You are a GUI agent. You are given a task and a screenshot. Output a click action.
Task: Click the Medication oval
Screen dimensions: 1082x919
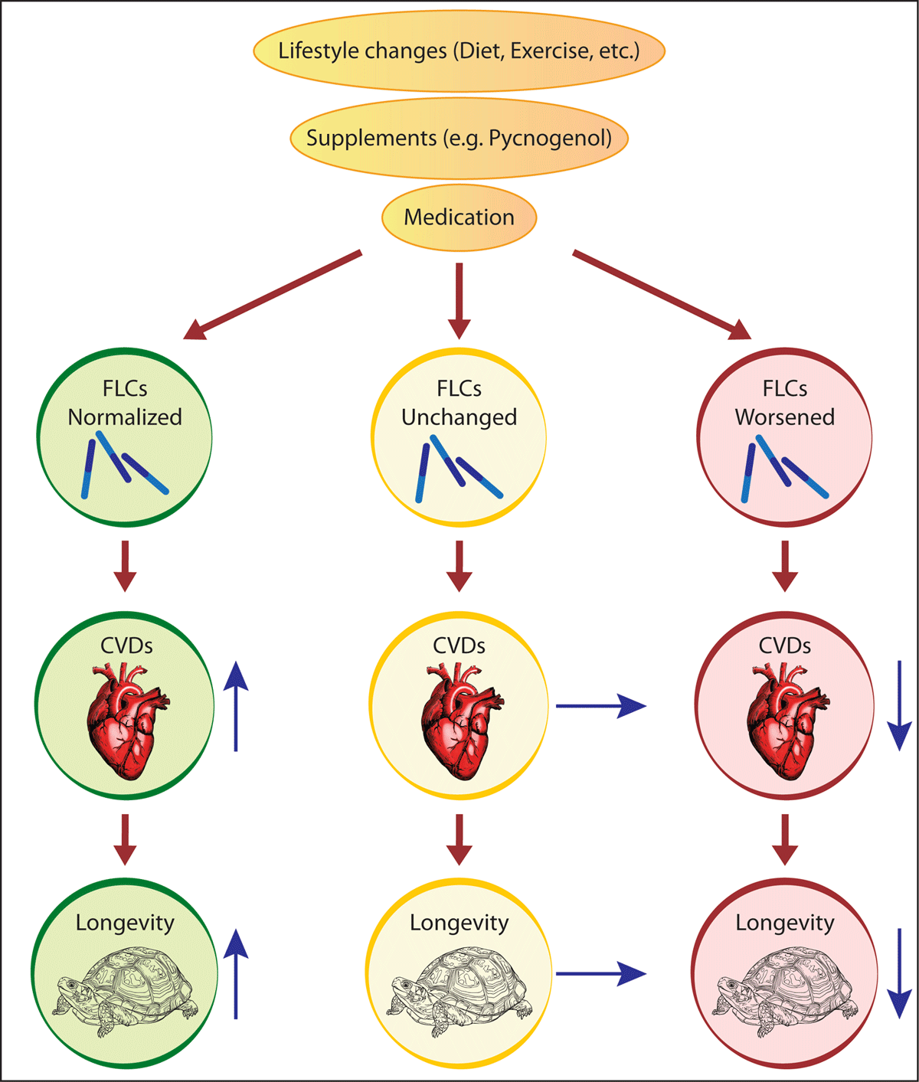pos(459,217)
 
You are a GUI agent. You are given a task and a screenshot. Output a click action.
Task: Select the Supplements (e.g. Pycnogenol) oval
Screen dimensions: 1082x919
pos(459,139)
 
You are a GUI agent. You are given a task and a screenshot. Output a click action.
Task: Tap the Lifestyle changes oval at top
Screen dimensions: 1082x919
pos(459,51)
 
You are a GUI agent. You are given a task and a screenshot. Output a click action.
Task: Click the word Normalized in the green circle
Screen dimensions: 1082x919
pos(125,417)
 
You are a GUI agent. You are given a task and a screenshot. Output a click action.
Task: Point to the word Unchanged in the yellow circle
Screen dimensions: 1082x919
pos(459,417)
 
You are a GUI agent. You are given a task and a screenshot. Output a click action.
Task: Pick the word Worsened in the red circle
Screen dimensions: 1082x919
pos(784,417)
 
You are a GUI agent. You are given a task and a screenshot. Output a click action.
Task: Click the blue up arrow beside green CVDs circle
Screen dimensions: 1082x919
pos(236,706)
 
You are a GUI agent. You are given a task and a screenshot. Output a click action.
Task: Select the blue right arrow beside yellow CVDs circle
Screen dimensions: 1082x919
pos(600,705)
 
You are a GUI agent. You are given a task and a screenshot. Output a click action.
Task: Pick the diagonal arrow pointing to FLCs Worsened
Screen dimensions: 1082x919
pos(662,295)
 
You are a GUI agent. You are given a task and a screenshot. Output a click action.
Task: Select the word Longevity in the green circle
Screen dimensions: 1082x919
pos(125,923)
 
